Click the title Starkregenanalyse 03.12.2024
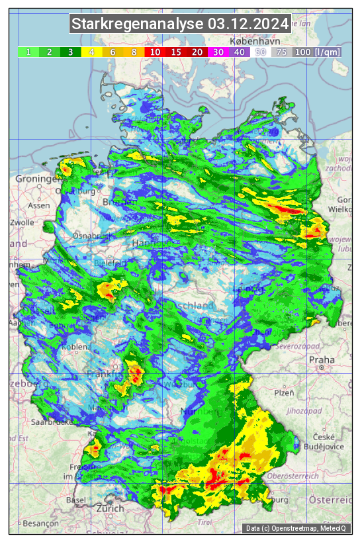tap(180, 24)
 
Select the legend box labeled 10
tap(156, 52)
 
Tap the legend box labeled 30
tap(218, 52)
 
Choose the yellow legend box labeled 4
tap(92, 52)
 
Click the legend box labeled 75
tap(281, 52)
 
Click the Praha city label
tap(322, 360)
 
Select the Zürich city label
tap(109, 508)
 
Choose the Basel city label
tap(76, 500)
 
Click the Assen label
tap(39, 205)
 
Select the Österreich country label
tap(331, 498)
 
